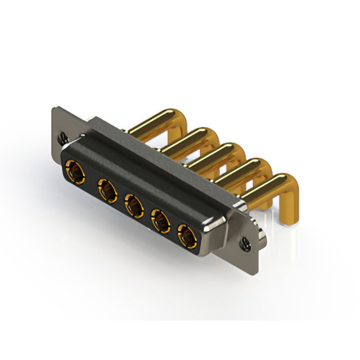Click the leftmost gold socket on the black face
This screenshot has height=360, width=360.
[x=73, y=168]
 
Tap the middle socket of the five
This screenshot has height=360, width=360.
[x=133, y=205]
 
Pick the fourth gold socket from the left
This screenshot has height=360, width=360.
[x=161, y=221]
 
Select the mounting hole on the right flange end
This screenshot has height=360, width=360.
[x=246, y=243]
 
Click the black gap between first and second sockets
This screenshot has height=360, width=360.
[x=89, y=179]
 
